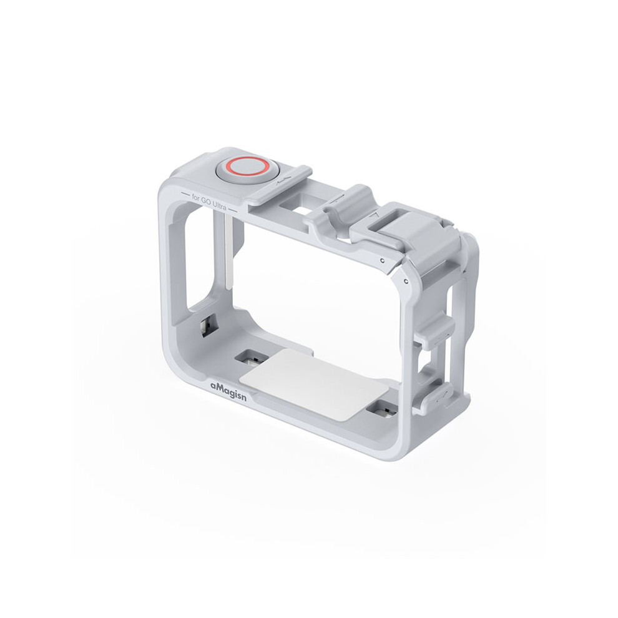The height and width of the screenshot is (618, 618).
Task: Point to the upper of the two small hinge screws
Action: (x=382, y=260)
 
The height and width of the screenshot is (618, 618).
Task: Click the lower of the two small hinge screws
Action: (x=406, y=281)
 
